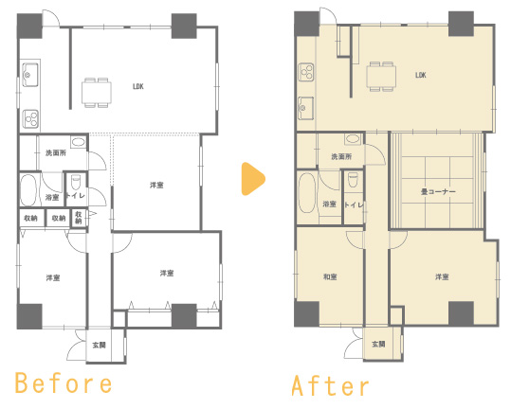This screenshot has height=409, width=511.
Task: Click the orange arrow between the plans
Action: coord(253,179)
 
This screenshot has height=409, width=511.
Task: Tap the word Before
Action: coord(64,383)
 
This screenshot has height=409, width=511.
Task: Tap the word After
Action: coord(330,385)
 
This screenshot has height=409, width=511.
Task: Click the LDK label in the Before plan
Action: coord(138,86)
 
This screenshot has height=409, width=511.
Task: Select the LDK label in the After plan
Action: coord(420,75)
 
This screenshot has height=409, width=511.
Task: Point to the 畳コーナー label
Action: coord(438,191)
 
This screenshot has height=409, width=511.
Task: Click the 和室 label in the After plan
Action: coord(330,276)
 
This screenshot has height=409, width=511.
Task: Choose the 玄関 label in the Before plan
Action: coord(99,345)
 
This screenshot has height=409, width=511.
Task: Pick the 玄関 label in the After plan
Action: coord(378,344)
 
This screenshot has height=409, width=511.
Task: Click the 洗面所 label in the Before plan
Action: coord(56,152)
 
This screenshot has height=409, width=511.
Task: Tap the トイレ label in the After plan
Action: coord(354,205)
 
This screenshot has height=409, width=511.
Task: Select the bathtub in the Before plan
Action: coord(28,190)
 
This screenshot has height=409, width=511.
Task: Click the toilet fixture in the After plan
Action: coord(354,180)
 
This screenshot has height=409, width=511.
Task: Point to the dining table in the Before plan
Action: coord(97,93)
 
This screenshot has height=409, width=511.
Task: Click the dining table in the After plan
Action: coord(381,76)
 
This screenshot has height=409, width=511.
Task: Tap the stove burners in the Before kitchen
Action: coord(31,118)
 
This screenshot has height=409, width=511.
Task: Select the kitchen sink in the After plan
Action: coord(306,108)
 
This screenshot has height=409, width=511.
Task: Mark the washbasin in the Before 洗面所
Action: coord(78,142)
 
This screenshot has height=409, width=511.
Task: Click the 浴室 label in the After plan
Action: coord(329,204)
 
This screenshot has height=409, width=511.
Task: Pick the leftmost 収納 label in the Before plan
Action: coord(30,218)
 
